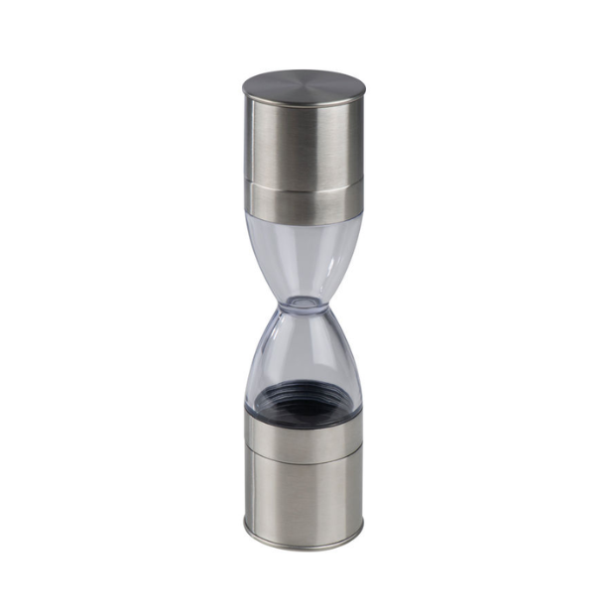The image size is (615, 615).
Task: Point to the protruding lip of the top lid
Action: tap(248, 94)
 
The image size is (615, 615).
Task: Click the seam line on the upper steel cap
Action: tap(303, 185)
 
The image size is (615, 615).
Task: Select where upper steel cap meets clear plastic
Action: tap(303, 221)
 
